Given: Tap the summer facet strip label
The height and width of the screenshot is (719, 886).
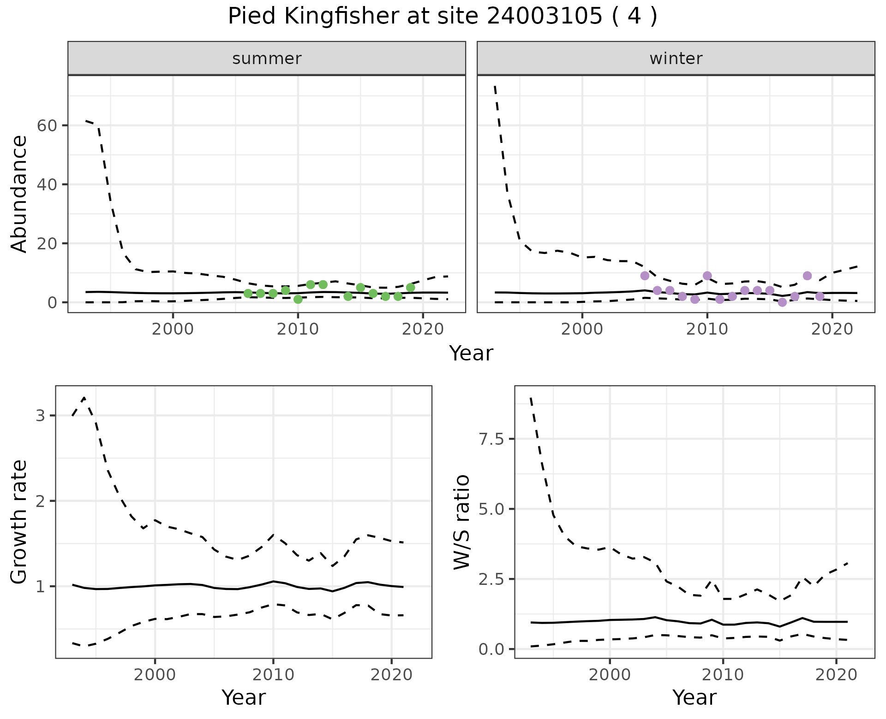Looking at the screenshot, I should coord(267,59).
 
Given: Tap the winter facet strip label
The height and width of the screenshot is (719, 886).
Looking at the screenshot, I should coord(676,59).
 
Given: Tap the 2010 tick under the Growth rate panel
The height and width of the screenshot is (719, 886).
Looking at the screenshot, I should coord(273,675).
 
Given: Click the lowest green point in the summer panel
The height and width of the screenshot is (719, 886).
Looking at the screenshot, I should coord(298,299).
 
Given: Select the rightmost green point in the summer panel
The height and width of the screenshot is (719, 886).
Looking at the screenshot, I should coord(410,288).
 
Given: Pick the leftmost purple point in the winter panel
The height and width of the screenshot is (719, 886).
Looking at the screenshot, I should coord(645,276).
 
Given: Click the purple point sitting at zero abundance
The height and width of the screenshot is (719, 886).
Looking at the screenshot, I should coord(782,302).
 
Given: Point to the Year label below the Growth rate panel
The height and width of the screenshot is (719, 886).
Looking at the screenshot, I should coord(244,697).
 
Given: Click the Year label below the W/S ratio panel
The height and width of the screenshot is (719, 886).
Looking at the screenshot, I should coord(694,697).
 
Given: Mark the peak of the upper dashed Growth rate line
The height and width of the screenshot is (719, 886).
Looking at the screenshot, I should coord(84,398).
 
